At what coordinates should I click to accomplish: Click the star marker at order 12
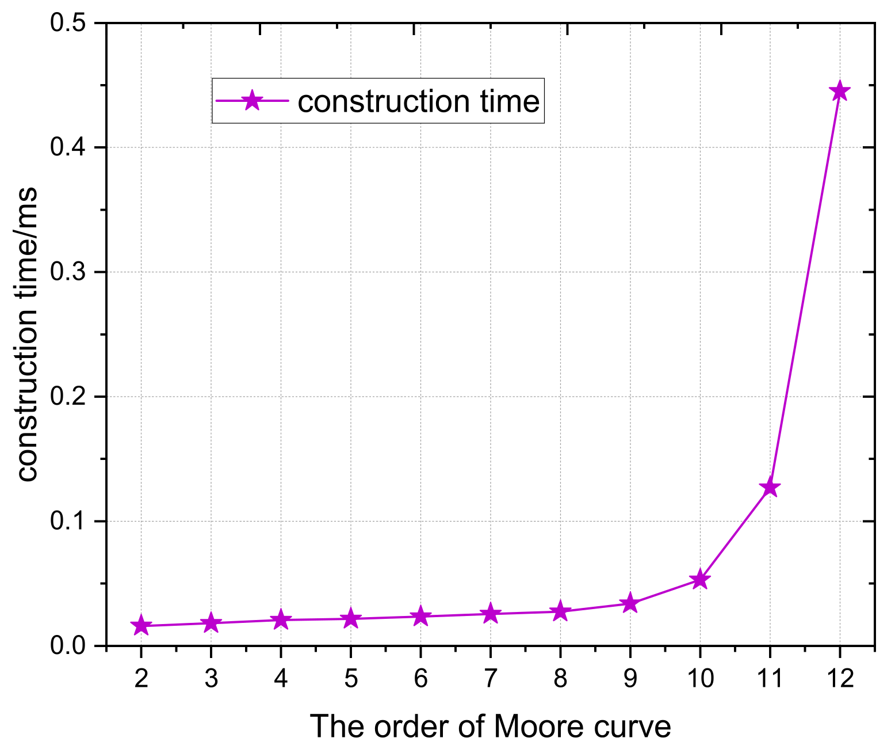tap(839, 91)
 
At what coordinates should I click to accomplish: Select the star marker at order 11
tap(770, 488)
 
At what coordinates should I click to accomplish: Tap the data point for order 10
tap(699, 580)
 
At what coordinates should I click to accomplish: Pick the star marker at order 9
tap(630, 603)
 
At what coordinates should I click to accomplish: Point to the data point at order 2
tap(141, 626)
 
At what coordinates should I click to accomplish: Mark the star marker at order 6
tap(420, 617)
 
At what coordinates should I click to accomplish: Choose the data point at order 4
tap(281, 619)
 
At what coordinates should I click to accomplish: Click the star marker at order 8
tap(560, 611)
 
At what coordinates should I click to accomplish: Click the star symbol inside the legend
tap(251, 101)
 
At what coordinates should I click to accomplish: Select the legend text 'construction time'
tap(419, 101)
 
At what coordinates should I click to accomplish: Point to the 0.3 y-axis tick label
tap(67, 272)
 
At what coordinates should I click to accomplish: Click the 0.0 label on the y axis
tap(67, 646)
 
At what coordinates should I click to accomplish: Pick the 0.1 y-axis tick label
tap(67, 522)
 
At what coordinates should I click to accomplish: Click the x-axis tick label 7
tap(490, 679)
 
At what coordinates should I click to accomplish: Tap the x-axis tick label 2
tap(141, 679)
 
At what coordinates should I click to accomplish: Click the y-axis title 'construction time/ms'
tap(27, 334)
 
